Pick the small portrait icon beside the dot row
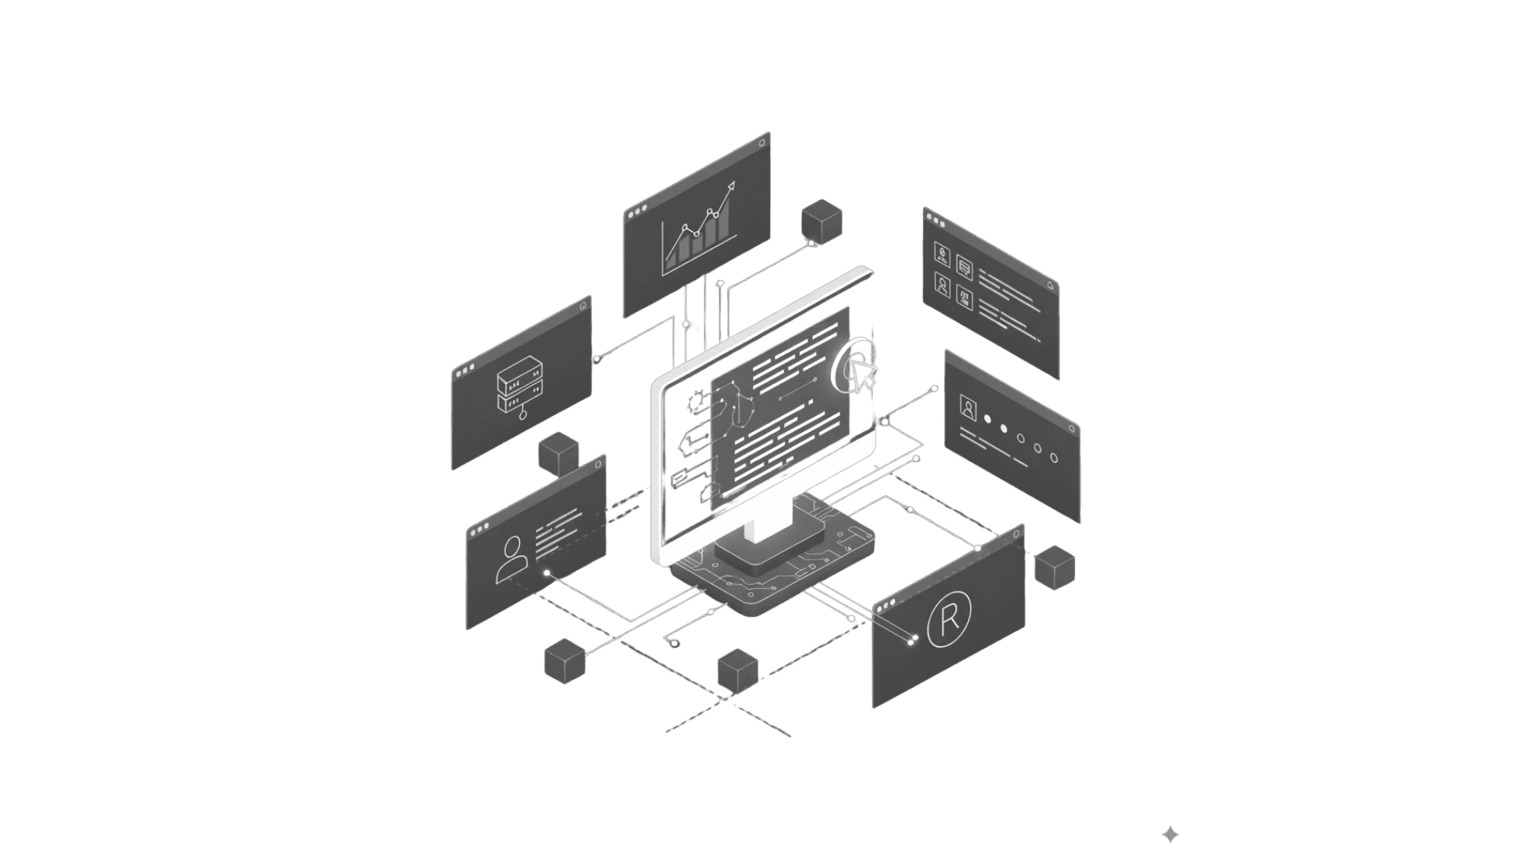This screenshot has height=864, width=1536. click(x=968, y=409)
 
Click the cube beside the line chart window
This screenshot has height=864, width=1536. click(x=822, y=222)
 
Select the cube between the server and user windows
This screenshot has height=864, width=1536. click(x=558, y=454)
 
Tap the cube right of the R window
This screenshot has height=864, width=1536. click(x=1054, y=567)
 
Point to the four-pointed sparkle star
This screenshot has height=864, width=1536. click(x=1170, y=834)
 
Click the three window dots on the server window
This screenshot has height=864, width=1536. click(x=464, y=370)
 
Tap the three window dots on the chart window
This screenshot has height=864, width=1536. click(x=637, y=213)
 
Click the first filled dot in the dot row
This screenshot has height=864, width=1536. click(x=987, y=418)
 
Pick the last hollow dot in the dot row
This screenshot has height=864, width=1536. click(x=1054, y=458)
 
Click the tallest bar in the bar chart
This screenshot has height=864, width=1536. click(x=723, y=221)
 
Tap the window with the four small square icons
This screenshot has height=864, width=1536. click(x=990, y=293)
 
